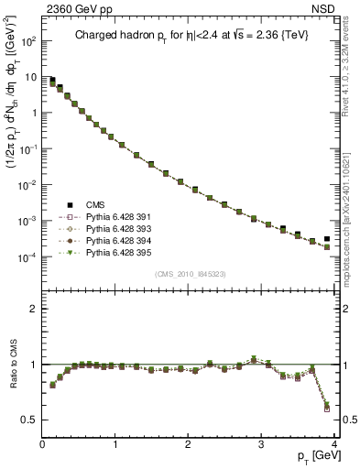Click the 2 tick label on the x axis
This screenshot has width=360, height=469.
[x=188, y=445]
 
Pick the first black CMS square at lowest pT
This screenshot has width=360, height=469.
[x=52, y=81]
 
